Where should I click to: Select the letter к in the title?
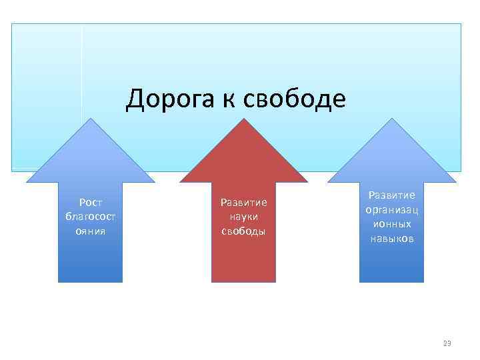tap(225, 100)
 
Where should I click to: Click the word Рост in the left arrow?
tap(90, 202)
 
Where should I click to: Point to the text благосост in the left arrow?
tap(90, 217)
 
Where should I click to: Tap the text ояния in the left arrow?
tap(90, 231)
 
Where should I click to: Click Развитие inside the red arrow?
tap(243, 202)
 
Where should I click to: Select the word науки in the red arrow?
tap(243, 217)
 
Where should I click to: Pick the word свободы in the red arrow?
tap(243, 231)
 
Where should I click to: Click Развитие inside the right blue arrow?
tap(391, 195)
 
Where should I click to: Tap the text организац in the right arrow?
tap(391, 209)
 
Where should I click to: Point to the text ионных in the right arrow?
tap(391, 224)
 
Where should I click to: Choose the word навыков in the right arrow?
tap(391, 239)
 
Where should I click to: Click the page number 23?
tap(447, 343)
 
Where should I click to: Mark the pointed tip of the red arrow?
tap(244, 119)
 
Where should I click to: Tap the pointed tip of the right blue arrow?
tap(392, 119)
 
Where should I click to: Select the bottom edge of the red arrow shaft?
tap(243, 282)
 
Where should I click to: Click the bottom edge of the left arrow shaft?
tap(90, 282)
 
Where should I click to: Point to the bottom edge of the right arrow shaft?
tap(391, 282)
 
